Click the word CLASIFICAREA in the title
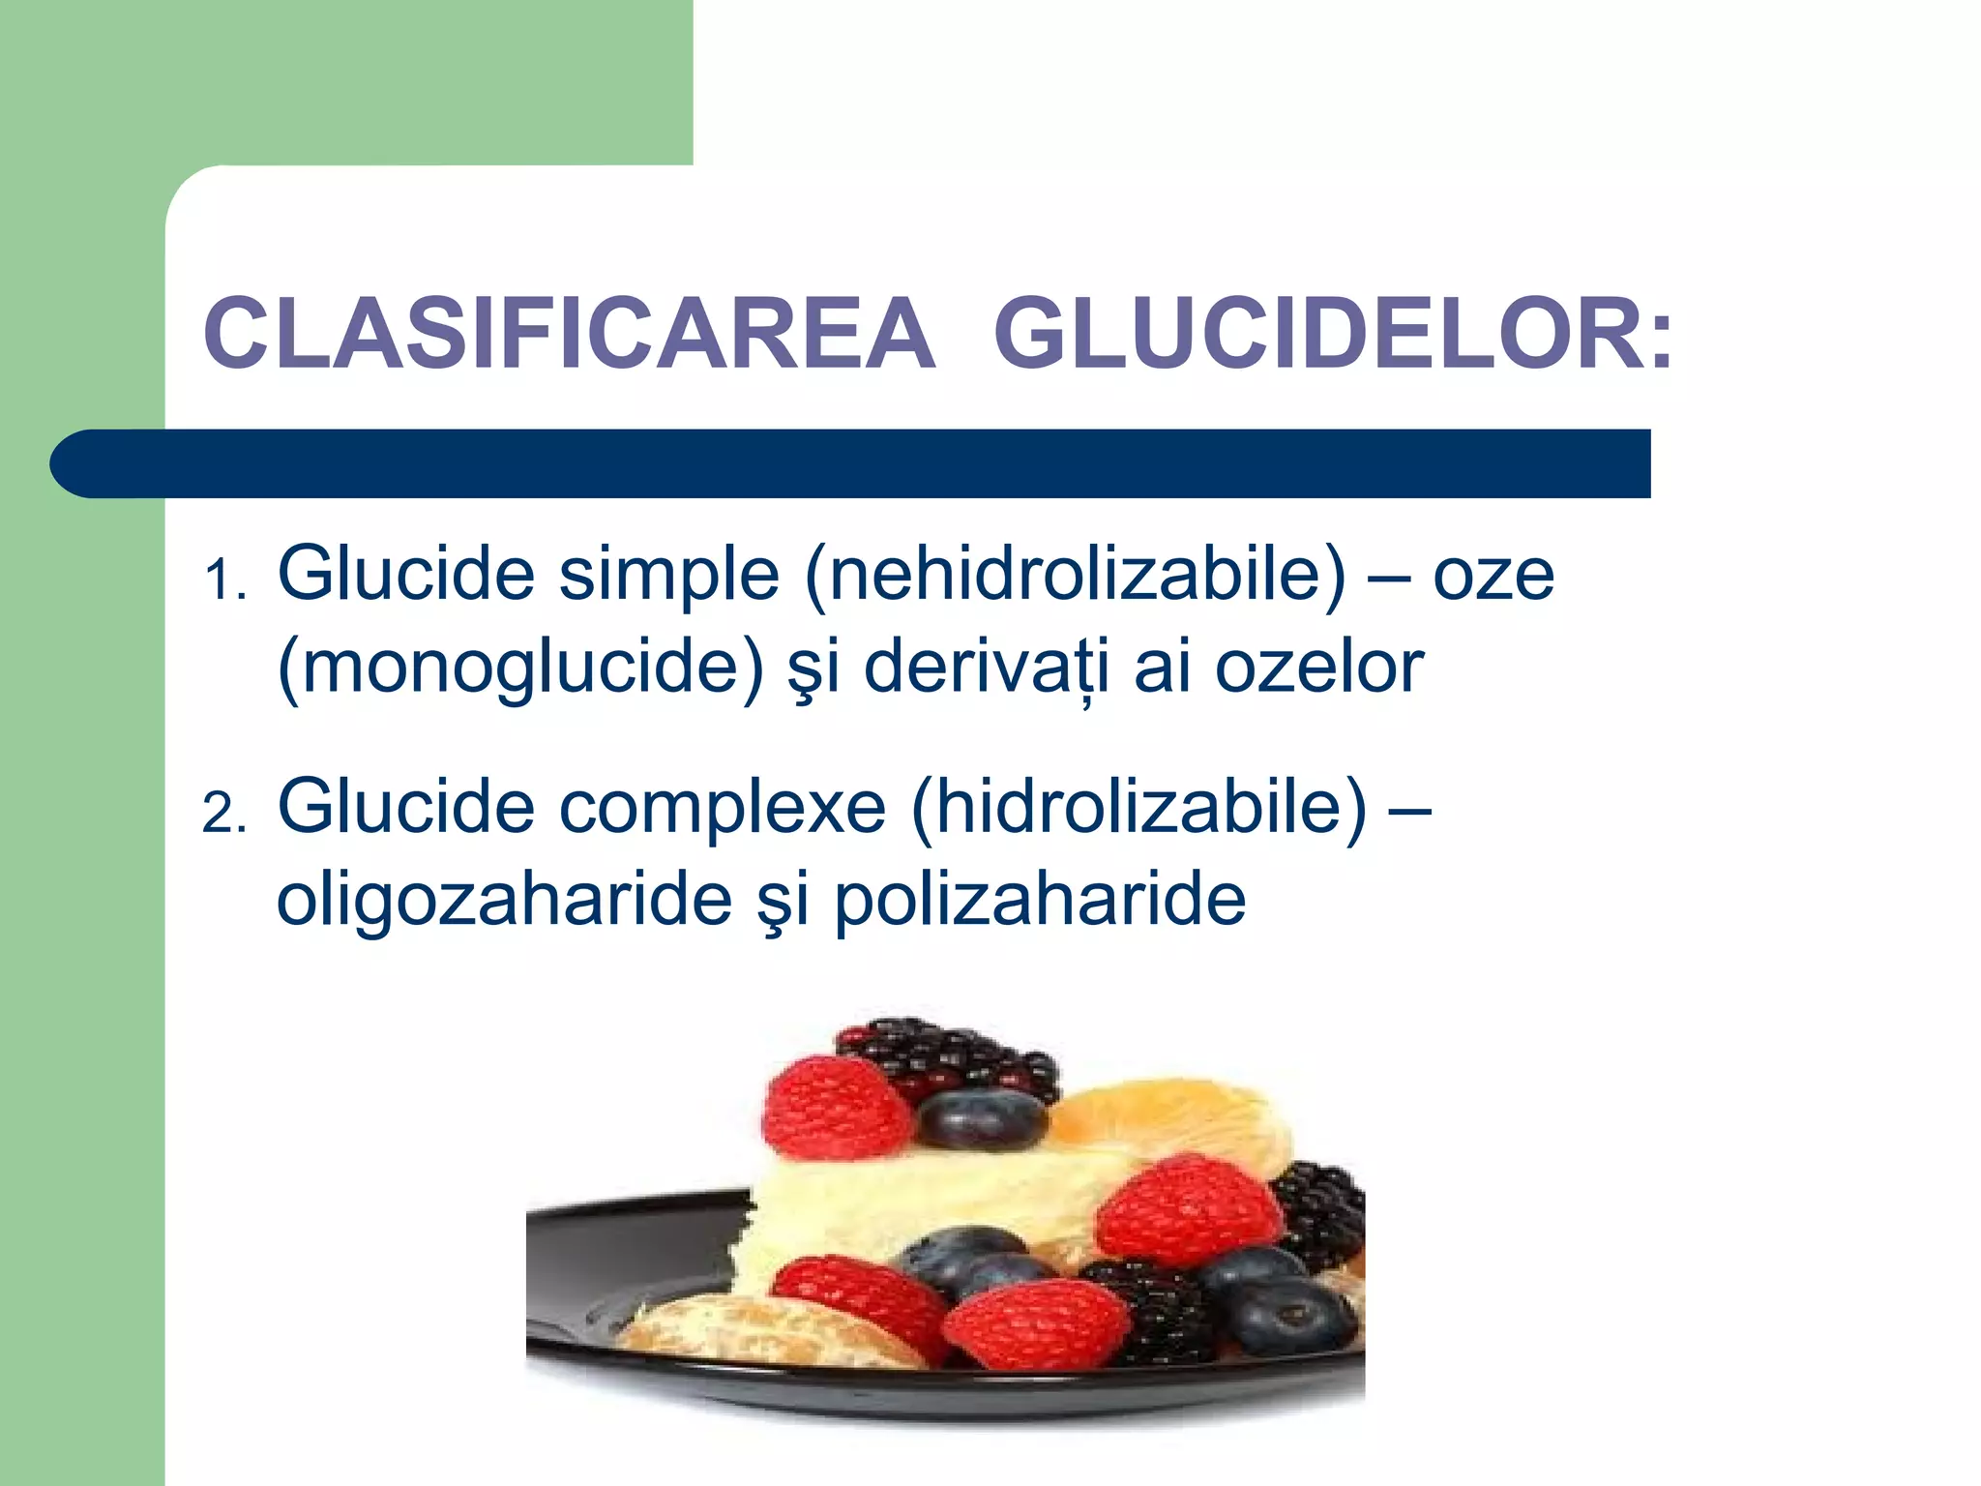569,335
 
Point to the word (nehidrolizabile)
1075,576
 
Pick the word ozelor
1318,668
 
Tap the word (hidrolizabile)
1139,808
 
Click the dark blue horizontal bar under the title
851,463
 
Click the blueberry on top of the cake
981,1119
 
